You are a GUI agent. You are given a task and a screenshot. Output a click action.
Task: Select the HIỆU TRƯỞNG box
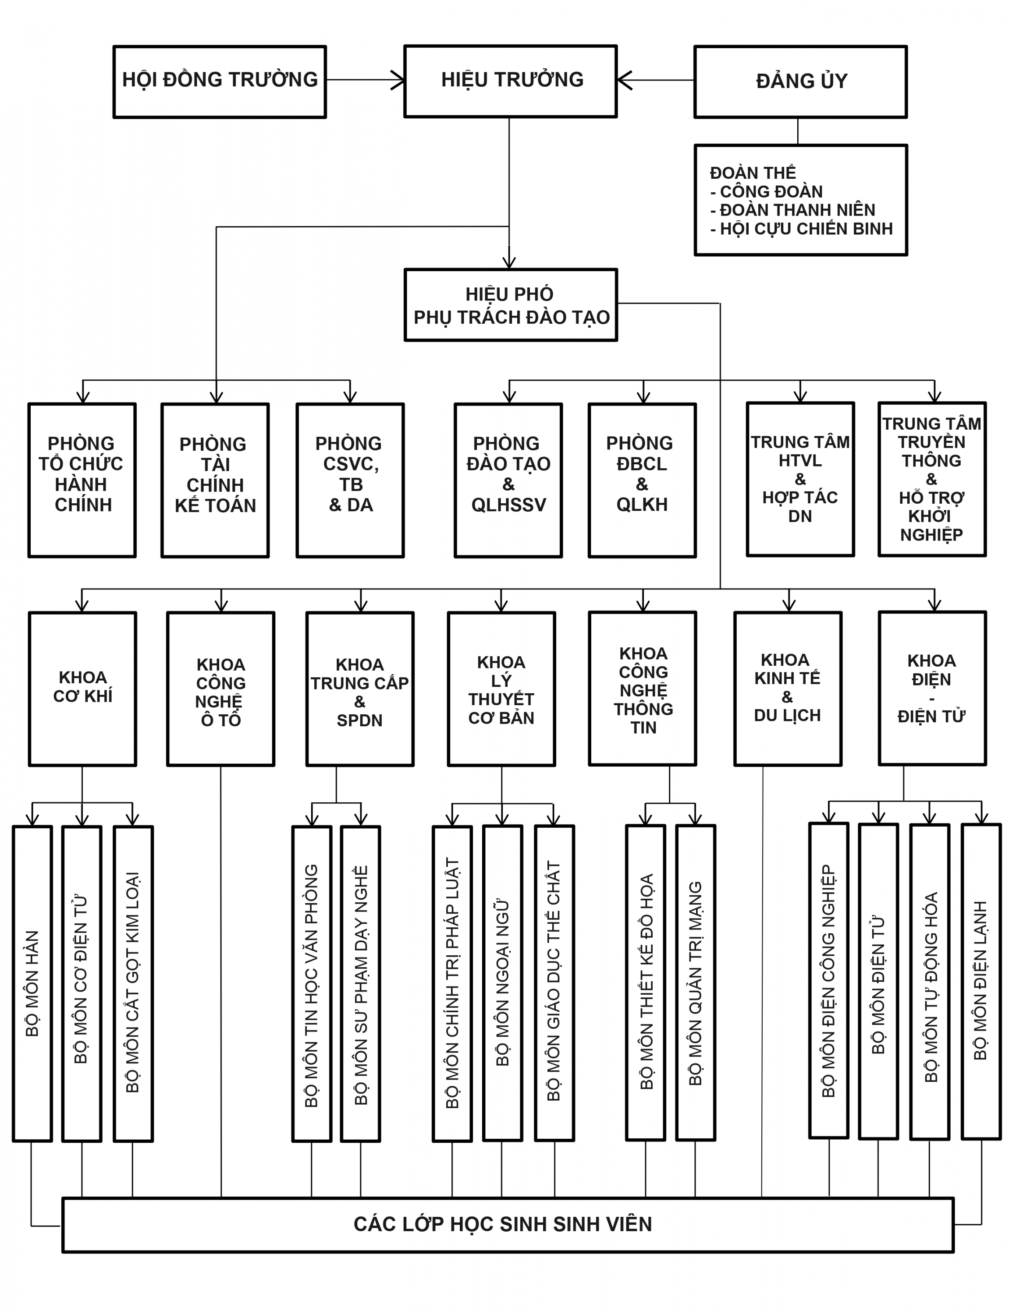coord(510,81)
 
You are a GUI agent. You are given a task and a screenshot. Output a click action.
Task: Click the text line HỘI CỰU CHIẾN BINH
coord(801,229)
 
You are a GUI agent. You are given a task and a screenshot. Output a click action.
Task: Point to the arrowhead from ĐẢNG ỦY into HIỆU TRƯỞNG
coord(624,79)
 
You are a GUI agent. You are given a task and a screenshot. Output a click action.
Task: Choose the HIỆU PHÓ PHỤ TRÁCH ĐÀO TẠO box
coord(511,305)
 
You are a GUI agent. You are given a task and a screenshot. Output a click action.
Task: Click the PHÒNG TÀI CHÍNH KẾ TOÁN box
coord(215,480)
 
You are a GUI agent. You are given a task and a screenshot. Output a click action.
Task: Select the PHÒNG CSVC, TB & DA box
coord(350,480)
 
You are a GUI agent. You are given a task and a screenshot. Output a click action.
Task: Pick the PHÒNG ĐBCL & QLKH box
coord(642,480)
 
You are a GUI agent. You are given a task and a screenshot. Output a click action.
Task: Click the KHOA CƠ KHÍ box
coord(82,689)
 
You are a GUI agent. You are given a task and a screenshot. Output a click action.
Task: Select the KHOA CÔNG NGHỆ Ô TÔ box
coord(221,689)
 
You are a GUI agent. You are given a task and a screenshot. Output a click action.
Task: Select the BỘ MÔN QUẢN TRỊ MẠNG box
coord(696,982)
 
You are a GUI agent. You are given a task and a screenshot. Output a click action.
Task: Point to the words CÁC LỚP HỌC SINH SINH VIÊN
coord(503,1224)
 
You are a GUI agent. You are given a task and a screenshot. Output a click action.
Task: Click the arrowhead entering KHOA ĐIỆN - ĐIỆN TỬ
coord(934,604)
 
